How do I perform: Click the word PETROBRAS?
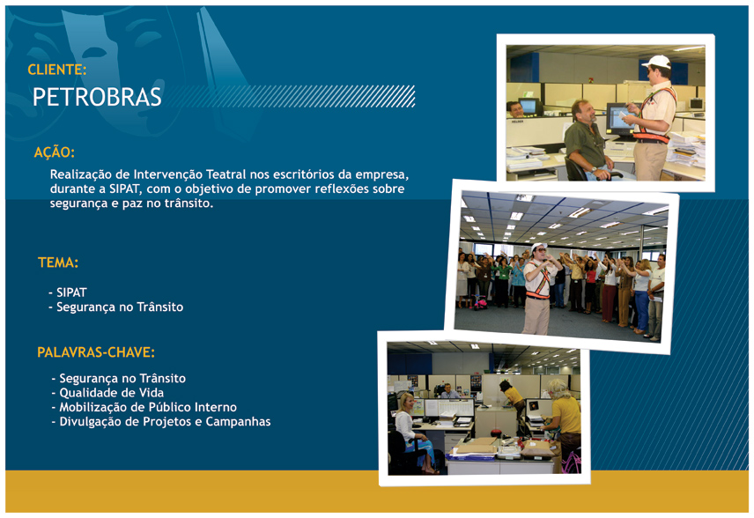coord(97,97)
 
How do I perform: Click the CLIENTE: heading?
coord(57,70)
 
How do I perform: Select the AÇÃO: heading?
coord(55,152)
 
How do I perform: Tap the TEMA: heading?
coord(58,263)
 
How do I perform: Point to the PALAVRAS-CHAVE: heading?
coord(96,352)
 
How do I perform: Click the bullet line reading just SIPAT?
coord(68,292)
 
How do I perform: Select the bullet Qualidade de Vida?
coord(107,393)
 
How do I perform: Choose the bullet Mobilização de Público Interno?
coord(144,407)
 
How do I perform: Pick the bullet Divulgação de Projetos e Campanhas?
coord(161,422)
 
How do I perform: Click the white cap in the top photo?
coord(657,62)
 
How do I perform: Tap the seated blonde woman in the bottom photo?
coord(412,432)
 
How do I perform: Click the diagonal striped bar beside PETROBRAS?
coord(292,96)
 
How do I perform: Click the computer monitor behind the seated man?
coord(619,118)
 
